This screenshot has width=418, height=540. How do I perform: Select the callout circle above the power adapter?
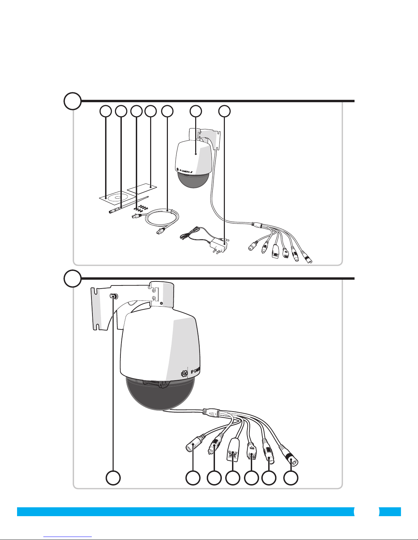pos(224,111)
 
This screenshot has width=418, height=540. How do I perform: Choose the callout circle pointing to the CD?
pos(106,111)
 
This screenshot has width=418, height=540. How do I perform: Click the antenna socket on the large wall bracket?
pos(114,296)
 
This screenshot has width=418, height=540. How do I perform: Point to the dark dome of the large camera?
pos(160,395)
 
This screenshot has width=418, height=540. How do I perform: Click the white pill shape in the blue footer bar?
pos(367,511)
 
